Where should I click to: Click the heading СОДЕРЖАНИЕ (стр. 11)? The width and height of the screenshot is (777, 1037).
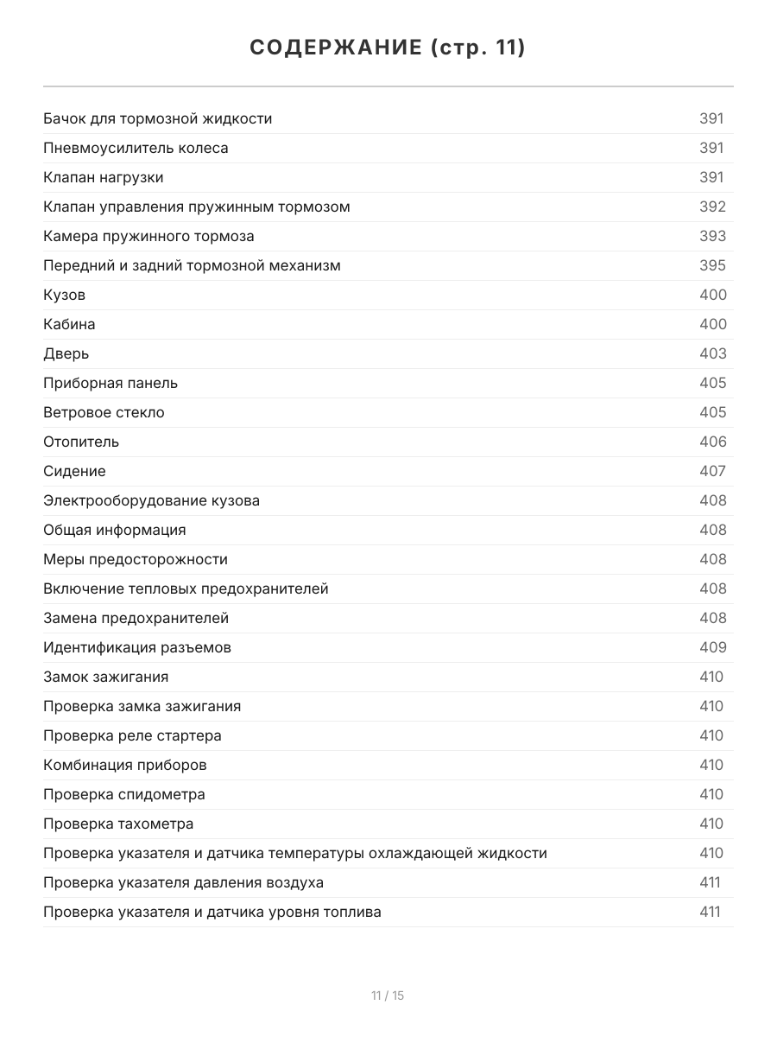click(x=388, y=48)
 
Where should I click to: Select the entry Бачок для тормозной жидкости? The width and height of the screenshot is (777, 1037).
click(x=158, y=118)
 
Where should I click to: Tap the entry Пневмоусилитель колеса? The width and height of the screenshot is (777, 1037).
click(x=136, y=148)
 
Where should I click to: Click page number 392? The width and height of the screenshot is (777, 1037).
click(x=712, y=207)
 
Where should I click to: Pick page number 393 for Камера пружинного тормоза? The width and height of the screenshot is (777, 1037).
click(x=712, y=236)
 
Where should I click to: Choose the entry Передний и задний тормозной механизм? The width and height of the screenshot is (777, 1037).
click(x=192, y=265)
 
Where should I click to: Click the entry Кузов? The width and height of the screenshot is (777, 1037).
click(x=65, y=295)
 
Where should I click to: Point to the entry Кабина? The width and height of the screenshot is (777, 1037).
click(x=69, y=324)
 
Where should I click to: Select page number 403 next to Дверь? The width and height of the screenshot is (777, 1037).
click(x=712, y=353)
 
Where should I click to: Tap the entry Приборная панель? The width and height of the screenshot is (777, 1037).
click(x=111, y=383)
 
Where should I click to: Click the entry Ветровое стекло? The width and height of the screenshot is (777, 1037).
click(x=104, y=412)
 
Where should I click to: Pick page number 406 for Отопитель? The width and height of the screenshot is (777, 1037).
click(x=712, y=442)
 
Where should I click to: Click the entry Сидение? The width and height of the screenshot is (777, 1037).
click(x=74, y=471)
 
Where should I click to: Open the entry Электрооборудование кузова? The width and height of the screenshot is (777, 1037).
click(x=151, y=500)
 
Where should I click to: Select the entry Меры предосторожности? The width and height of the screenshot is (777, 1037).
click(x=136, y=559)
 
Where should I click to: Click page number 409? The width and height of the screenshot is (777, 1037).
click(x=712, y=647)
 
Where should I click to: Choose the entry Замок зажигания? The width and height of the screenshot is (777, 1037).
click(x=106, y=677)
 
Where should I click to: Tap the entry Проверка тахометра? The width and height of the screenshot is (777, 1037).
click(x=118, y=824)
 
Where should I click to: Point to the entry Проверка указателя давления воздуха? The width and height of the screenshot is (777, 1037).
click(x=184, y=882)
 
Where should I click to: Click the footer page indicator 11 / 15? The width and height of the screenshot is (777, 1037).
click(x=388, y=996)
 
